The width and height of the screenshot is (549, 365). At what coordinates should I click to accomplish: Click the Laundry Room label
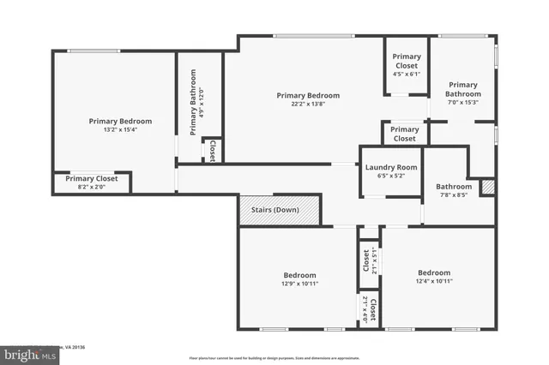pos(390,167)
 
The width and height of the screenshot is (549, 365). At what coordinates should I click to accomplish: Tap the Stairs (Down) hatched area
pos(280,210)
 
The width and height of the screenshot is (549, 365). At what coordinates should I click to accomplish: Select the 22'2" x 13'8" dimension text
pos(308,105)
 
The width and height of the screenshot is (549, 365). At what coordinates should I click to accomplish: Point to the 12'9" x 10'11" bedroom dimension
pos(299,284)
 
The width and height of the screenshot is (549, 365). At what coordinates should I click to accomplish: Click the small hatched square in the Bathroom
pos(488,186)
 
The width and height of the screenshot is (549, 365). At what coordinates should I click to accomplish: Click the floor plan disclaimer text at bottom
pos(274,358)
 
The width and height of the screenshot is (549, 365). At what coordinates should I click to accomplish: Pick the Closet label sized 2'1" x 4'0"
pos(369,307)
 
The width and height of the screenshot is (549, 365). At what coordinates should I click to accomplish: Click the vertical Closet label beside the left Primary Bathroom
pos(212,150)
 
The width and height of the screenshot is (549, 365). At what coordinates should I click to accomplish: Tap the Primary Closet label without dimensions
pos(405,134)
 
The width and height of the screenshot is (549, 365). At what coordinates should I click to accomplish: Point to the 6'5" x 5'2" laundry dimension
pos(390,176)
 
